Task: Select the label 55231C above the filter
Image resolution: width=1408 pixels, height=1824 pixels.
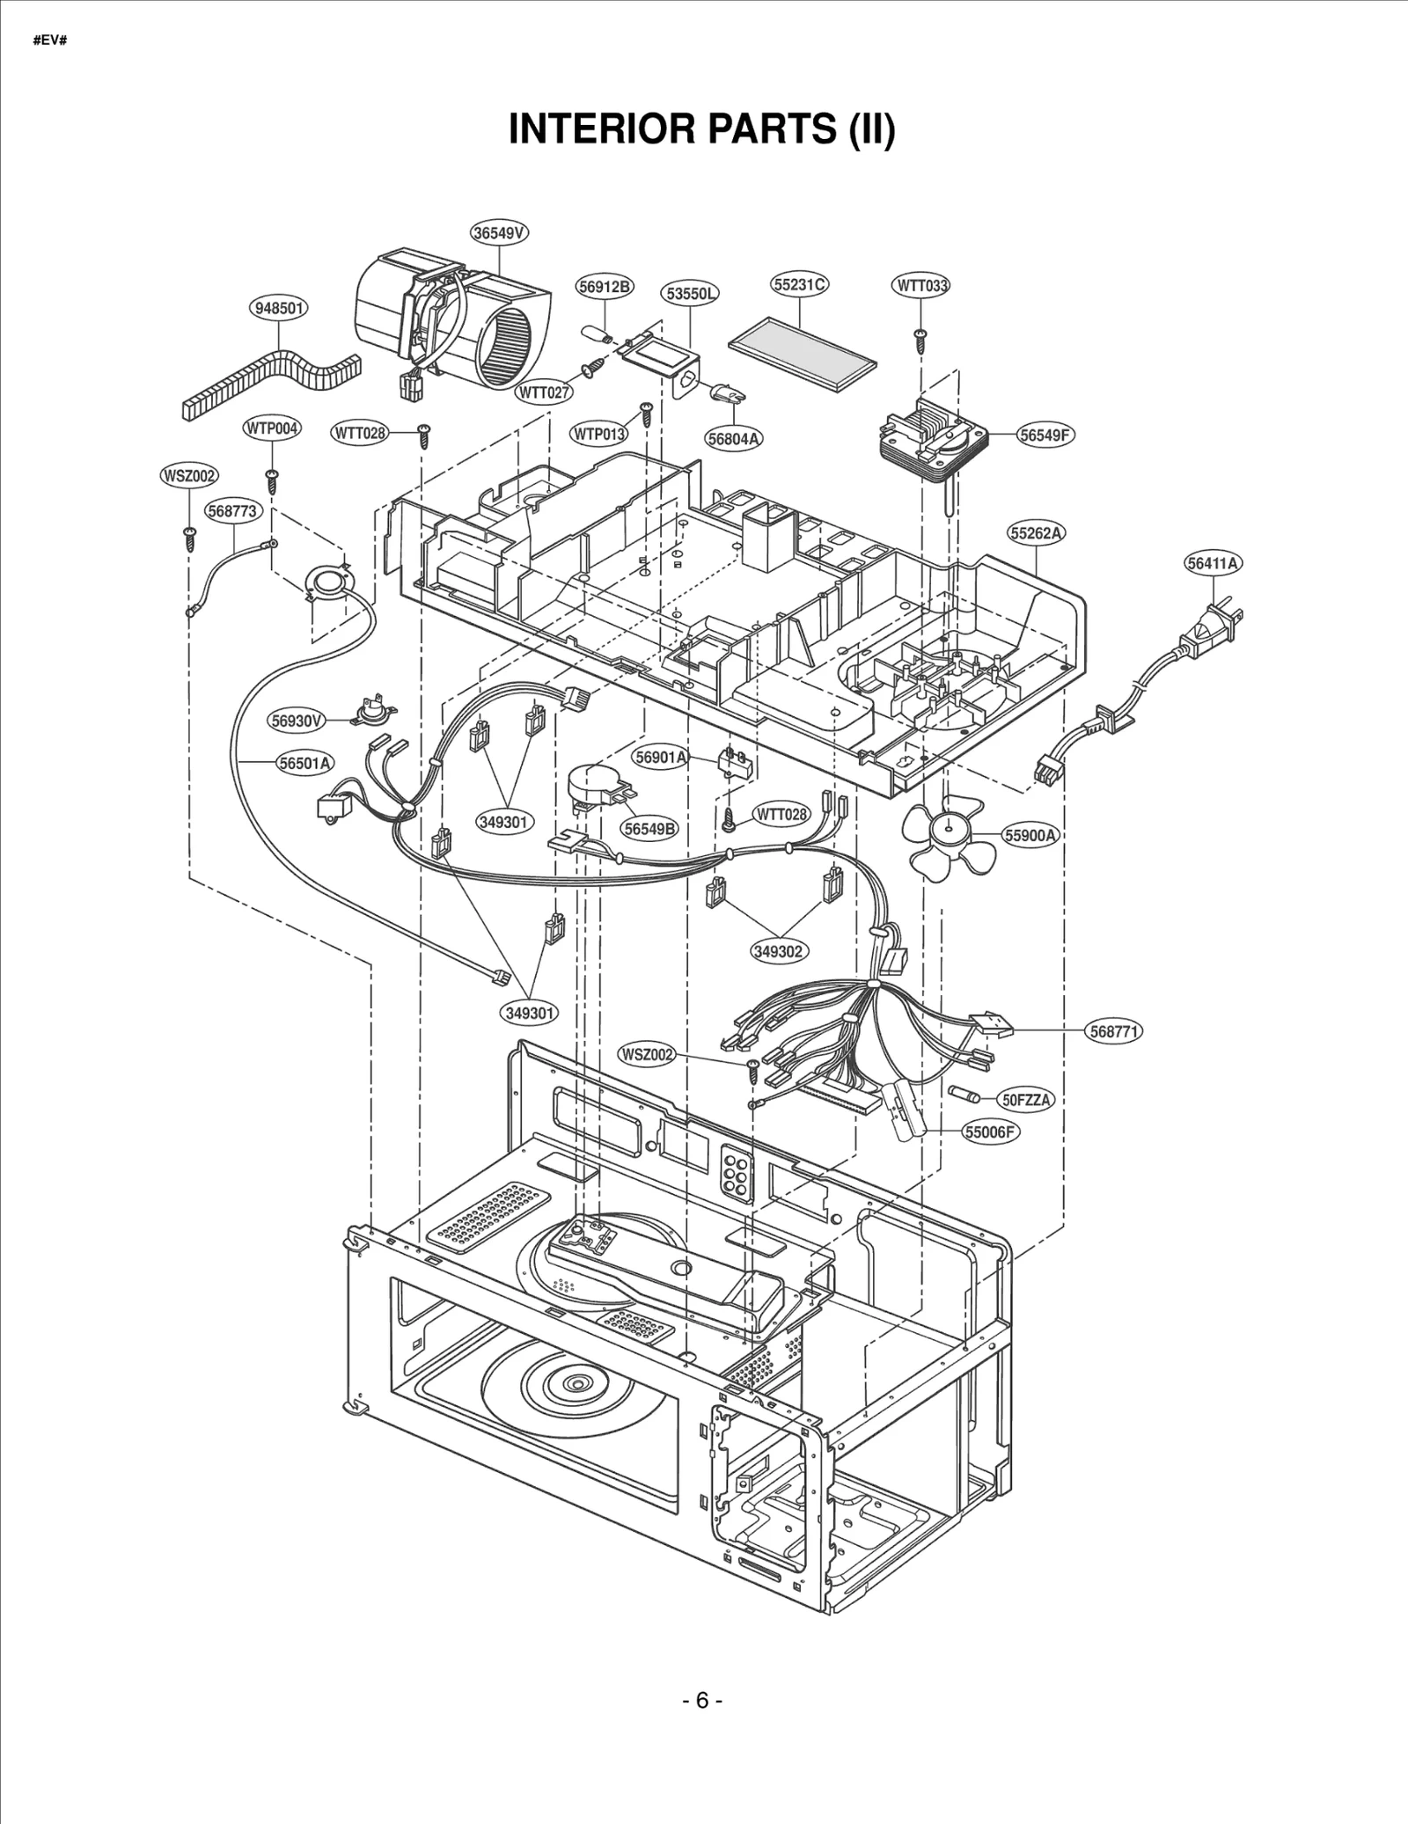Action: pyautogui.click(x=800, y=284)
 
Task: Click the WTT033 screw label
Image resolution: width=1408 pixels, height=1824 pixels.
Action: pyautogui.click(x=921, y=285)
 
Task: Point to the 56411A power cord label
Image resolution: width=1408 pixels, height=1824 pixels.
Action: pyautogui.click(x=1213, y=563)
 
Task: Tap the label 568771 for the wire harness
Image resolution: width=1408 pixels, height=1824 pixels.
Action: pyautogui.click(x=1115, y=1031)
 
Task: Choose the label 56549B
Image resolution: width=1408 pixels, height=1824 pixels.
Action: pyautogui.click(x=649, y=828)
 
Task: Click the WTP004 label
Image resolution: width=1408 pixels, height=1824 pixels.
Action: pyautogui.click(x=272, y=429)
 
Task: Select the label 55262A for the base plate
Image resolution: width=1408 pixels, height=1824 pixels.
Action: pyautogui.click(x=1037, y=533)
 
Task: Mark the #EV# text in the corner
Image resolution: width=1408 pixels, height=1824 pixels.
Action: pyautogui.click(x=50, y=40)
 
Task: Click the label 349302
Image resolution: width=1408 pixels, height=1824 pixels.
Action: pyautogui.click(x=779, y=951)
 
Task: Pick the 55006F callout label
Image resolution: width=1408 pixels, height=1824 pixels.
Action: pyautogui.click(x=991, y=1132)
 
